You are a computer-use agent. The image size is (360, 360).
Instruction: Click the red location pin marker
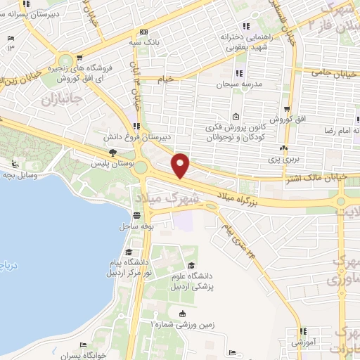181,165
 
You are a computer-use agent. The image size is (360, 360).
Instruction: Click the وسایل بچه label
24,172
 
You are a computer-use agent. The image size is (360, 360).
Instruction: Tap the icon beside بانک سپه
143,32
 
